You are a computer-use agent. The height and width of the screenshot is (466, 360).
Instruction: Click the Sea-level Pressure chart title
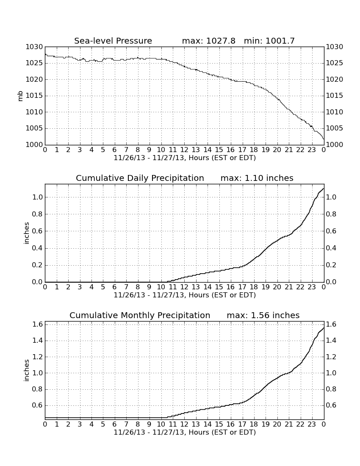click(113, 41)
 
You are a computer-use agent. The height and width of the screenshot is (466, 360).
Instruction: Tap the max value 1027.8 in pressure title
click(221, 41)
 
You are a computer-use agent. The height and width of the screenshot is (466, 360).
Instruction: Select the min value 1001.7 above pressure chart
click(280, 41)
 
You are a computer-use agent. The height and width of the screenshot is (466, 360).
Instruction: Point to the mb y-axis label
click(20, 96)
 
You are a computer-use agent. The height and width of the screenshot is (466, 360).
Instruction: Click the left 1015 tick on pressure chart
click(34, 96)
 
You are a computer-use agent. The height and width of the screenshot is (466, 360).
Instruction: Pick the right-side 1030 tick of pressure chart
click(335, 47)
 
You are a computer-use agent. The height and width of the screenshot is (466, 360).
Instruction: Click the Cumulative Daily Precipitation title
click(140, 178)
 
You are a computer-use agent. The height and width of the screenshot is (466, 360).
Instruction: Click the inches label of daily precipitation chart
click(27, 233)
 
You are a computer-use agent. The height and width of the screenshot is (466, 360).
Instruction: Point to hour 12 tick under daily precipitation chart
click(184, 287)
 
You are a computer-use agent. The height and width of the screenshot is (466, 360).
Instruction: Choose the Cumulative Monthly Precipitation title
click(140, 315)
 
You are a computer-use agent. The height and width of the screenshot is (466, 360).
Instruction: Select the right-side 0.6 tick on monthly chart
click(331, 405)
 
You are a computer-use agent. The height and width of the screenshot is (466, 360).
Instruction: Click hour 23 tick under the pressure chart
click(312, 150)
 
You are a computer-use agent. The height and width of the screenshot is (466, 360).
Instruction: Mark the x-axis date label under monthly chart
click(185, 433)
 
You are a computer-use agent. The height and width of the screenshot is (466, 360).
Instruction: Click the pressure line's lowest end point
click(324, 139)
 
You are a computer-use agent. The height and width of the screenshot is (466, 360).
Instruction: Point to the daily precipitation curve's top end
click(324, 188)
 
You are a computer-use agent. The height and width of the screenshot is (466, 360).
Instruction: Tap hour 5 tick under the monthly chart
click(103, 424)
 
